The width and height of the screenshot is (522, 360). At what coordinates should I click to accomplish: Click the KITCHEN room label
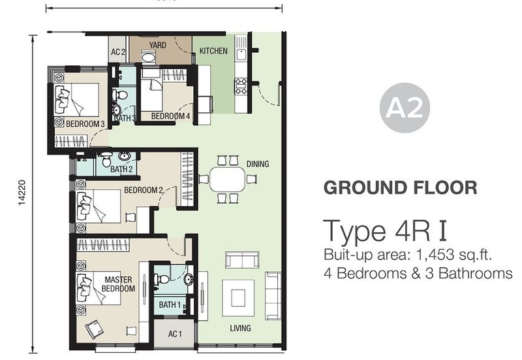click(x=213, y=51)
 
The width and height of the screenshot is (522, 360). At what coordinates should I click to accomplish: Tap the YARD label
click(x=157, y=45)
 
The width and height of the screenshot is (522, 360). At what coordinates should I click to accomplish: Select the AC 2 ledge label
click(x=118, y=52)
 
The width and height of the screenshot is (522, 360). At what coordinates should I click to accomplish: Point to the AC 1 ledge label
click(x=175, y=333)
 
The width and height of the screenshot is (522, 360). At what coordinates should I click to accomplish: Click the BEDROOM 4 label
click(x=170, y=116)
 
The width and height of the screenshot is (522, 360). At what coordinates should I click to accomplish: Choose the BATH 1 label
click(x=170, y=305)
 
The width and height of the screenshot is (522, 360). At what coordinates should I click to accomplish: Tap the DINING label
click(x=258, y=164)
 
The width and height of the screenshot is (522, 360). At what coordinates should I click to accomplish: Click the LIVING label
click(x=240, y=328)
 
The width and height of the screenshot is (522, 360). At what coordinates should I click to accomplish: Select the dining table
click(x=228, y=179)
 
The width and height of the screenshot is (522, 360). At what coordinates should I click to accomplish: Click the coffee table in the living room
click(x=238, y=298)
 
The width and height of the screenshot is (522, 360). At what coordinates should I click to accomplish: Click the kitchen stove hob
click(x=241, y=86)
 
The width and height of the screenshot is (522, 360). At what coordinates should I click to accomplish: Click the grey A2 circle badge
click(x=405, y=108)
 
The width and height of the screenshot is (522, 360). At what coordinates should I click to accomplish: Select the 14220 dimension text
click(x=22, y=192)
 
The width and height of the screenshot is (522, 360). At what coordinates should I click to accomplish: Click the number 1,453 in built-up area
click(x=435, y=255)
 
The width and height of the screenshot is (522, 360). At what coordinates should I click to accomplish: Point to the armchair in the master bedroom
click(x=95, y=329)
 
